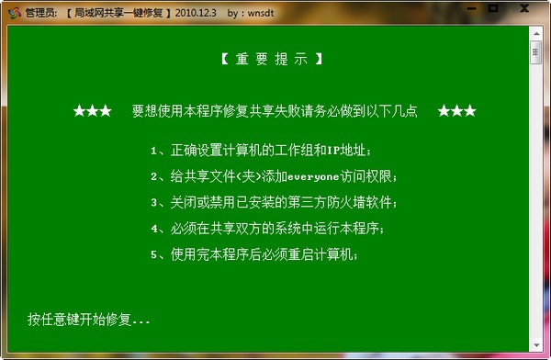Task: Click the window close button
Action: [524, 7]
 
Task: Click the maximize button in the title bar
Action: [493, 7]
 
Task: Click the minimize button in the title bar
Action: [472, 8]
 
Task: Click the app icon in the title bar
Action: [15, 13]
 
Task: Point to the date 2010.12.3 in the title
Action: [196, 13]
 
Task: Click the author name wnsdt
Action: [261, 14]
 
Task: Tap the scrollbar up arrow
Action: [536, 34]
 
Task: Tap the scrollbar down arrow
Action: [536, 345]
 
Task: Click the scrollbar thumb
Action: [535, 52]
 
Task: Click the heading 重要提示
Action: [272, 59]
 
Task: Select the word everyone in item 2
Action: [313, 177]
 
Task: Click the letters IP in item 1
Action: [333, 151]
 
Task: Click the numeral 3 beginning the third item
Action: [154, 203]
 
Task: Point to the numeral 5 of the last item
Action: [154, 255]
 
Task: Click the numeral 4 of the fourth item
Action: [154, 229]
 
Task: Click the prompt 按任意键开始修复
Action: [79, 320]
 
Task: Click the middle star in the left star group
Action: [93, 111]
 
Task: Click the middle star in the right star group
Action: [456, 111]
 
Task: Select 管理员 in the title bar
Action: [39, 13]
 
